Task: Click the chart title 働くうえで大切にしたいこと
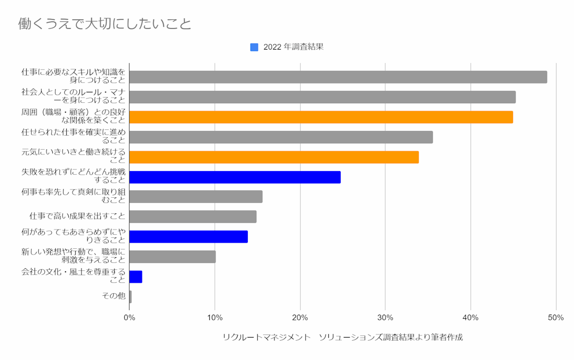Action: click(x=105, y=23)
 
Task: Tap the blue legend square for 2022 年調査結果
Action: click(x=254, y=47)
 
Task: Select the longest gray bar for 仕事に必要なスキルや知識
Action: click(x=338, y=77)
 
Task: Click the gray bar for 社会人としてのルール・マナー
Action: click(x=322, y=97)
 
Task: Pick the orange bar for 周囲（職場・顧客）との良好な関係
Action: click(x=321, y=117)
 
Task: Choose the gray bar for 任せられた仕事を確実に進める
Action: click(x=281, y=137)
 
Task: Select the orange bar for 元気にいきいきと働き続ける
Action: click(x=273, y=157)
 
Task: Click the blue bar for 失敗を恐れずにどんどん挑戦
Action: click(x=235, y=177)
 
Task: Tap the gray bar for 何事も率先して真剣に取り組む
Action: click(x=196, y=197)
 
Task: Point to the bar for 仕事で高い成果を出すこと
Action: click(x=193, y=217)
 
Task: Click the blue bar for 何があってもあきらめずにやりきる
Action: click(x=188, y=236)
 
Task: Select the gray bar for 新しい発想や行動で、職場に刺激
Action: click(x=172, y=257)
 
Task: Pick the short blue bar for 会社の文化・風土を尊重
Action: click(x=136, y=277)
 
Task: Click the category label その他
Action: click(x=114, y=296)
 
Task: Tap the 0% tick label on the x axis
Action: click(x=129, y=318)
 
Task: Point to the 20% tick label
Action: click(x=300, y=318)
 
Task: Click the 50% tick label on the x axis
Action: click(x=556, y=318)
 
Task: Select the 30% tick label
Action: click(x=385, y=318)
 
